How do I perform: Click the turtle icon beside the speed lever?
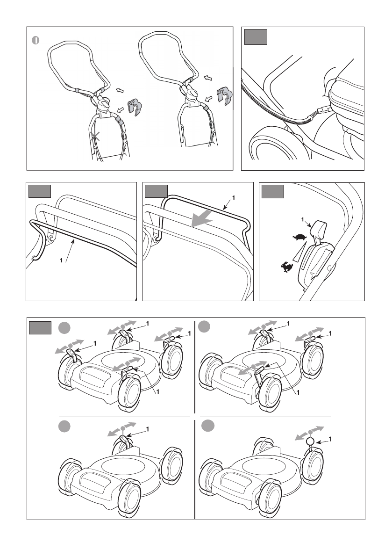pos(299,237)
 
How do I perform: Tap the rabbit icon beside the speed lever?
pos(287,267)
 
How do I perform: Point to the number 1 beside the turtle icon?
pos(303,219)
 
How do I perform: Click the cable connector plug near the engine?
pos(323,110)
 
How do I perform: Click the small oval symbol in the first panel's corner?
pos(35,41)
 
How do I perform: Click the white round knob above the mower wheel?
pos(310,441)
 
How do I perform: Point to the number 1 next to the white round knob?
pos(330,440)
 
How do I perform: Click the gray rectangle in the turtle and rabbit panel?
pos(272,191)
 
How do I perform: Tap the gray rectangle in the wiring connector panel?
pos(256,37)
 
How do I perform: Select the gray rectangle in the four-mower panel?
pos(40,328)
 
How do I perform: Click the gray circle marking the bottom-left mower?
pos(64,426)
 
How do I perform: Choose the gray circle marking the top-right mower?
pos(204,326)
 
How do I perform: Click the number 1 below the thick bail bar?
pos(61,261)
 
